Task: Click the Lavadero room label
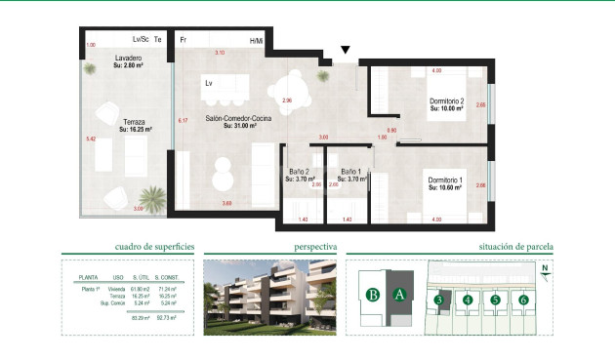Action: (129, 60)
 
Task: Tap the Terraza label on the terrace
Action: (133, 121)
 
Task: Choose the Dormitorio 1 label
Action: (447, 180)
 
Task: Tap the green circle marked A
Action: (398, 294)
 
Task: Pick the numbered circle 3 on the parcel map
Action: (440, 300)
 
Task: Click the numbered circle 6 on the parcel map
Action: (524, 300)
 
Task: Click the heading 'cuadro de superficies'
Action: (146, 248)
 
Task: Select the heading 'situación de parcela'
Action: (512, 248)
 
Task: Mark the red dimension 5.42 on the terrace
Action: (92, 140)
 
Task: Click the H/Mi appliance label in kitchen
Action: (257, 40)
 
